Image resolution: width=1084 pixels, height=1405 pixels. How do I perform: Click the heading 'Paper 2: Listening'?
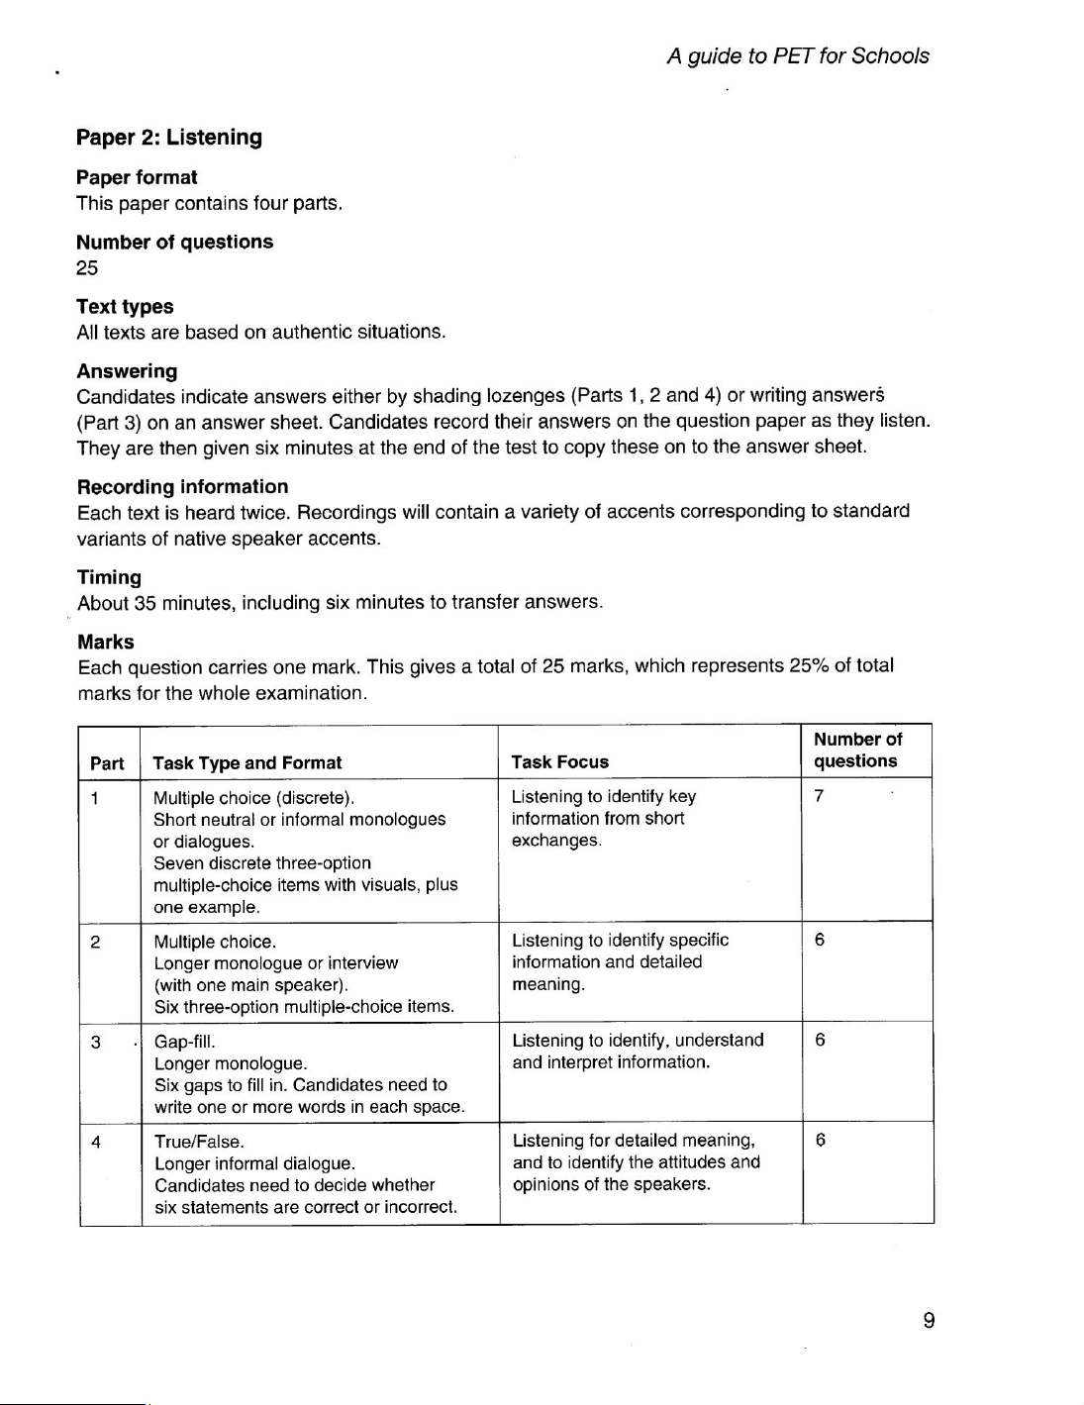[169, 138]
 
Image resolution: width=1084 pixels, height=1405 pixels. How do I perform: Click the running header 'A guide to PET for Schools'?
[798, 56]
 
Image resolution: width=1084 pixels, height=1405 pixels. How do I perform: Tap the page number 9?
[929, 1320]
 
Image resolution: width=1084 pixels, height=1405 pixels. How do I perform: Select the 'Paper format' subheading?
[137, 177]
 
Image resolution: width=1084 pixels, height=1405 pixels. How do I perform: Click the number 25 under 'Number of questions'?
[87, 267]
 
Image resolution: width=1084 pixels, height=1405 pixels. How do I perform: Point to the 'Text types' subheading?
[125, 307]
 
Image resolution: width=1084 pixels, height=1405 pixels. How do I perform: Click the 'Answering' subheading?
[127, 371]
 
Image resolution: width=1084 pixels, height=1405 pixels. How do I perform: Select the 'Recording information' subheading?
[183, 486]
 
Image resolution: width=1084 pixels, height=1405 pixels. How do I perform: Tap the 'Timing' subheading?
[109, 577]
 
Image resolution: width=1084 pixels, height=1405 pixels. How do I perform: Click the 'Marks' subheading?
[106, 642]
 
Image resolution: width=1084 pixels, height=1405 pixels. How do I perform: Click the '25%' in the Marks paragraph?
[809, 665]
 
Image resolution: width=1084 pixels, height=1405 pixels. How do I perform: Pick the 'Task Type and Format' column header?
[247, 762]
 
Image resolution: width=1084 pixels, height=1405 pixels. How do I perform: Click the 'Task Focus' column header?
[560, 761]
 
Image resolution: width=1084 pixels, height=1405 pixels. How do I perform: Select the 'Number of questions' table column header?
[857, 750]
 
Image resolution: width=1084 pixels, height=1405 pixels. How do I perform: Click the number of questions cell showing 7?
[819, 796]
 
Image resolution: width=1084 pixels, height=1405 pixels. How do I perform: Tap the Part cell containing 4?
[96, 1141]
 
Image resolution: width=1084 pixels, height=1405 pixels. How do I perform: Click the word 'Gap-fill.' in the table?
[185, 1042]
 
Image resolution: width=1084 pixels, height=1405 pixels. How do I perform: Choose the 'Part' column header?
[107, 763]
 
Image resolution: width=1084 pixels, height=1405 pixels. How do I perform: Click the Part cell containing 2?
[95, 942]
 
